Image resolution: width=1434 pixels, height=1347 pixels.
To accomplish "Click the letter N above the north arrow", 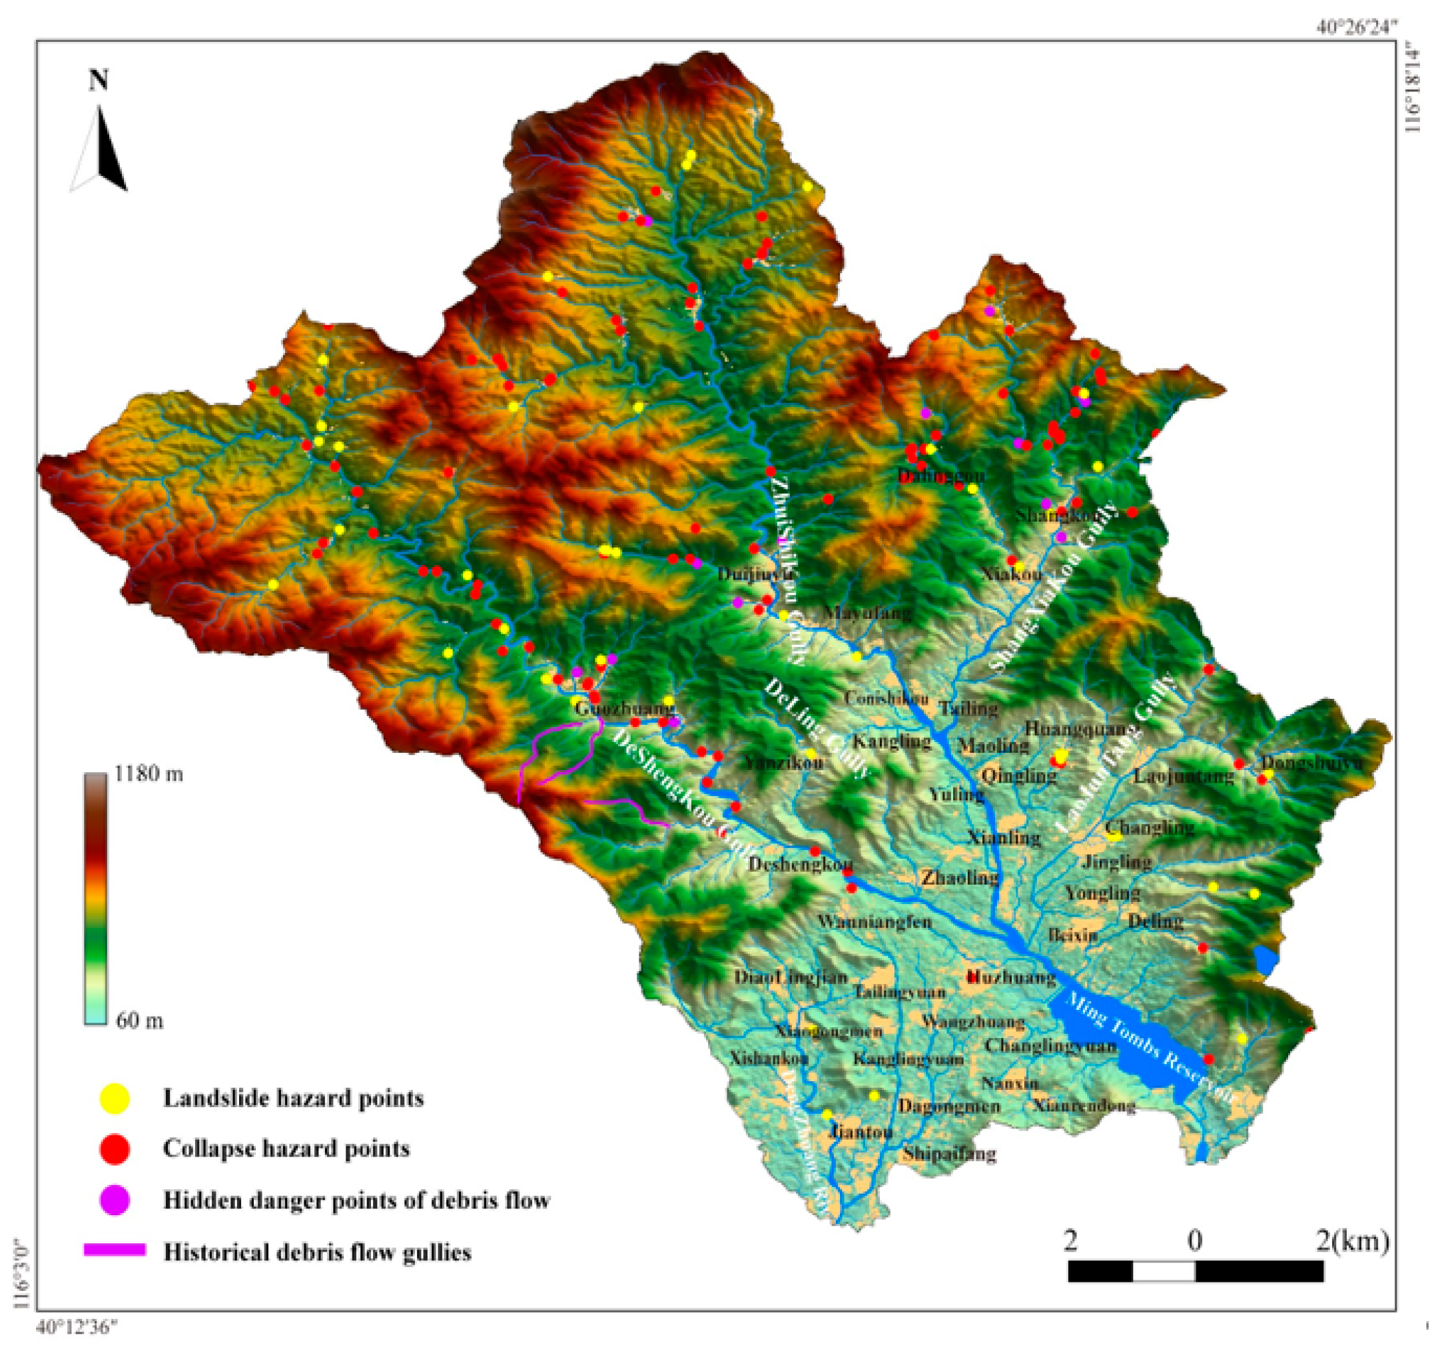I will pyautogui.click(x=99, y=80).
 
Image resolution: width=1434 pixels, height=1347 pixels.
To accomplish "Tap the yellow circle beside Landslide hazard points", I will pyautogui.click(x=115, y=1098).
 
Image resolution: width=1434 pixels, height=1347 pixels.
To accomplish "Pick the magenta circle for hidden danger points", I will pyautogui.click(x=115, y=1200).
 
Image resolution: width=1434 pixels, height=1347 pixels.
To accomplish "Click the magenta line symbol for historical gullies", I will pyautogui.click(x=115, y=1250).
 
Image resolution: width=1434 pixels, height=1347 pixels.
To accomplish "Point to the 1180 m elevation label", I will pyautogui.click(x=149, y=775).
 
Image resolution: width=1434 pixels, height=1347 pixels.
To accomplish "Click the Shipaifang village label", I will pyautogui.click(x=948, y=1153).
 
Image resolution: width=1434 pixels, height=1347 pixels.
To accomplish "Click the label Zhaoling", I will pyautogui.click(x=959, y=878).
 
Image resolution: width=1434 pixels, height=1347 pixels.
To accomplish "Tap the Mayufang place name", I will pyautogui.click(x=868, y=614).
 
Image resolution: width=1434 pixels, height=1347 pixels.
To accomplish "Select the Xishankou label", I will pyautogui.click(x=768, y=1059).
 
